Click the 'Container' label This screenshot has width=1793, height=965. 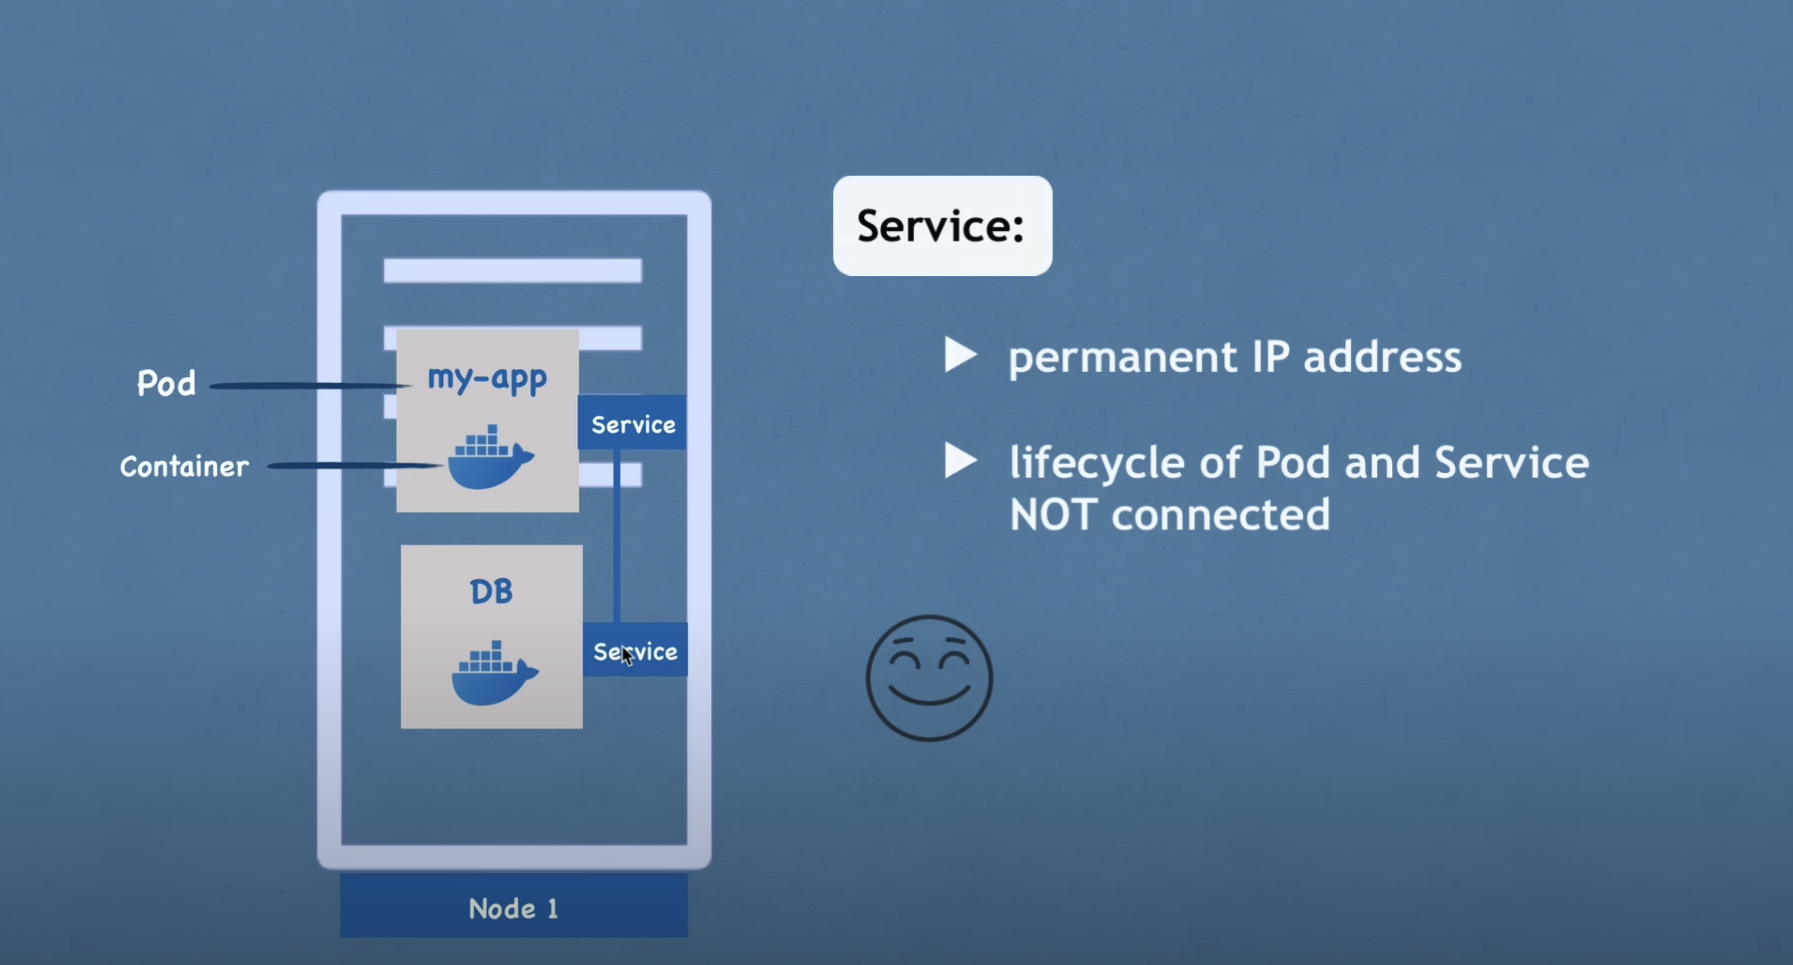point(185,467)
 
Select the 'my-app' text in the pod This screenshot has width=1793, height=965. point(487,378)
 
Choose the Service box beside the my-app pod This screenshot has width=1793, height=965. point(632,423)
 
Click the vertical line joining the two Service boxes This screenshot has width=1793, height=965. point(617,536)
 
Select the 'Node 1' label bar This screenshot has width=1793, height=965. point(514,907)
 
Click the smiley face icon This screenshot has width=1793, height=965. point(929,677)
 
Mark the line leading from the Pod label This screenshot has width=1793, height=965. point(306,385)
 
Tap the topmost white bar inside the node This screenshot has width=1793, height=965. point(512,270)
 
